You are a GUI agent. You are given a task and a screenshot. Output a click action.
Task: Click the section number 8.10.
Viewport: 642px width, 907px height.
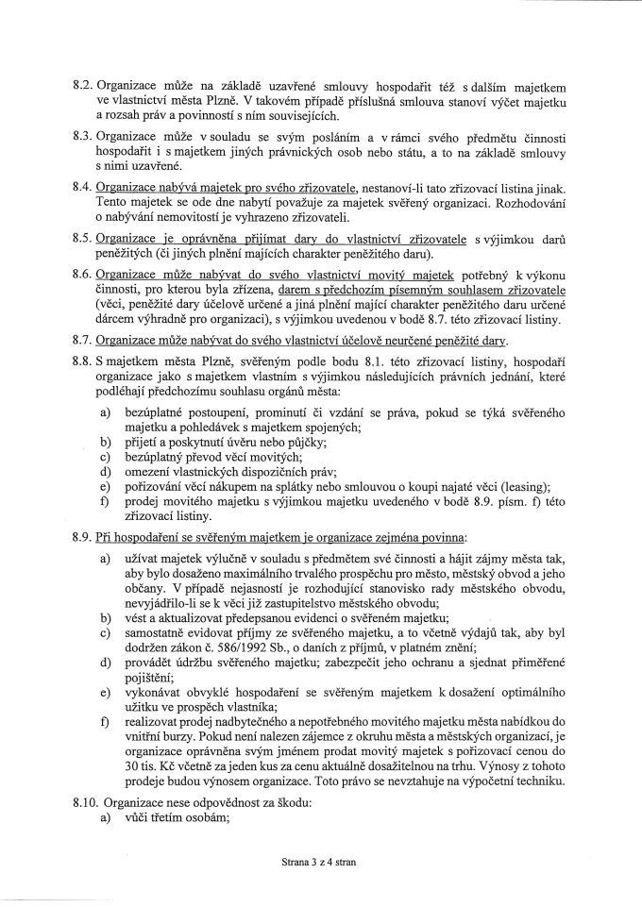pyautogui.click(x=87, y=779)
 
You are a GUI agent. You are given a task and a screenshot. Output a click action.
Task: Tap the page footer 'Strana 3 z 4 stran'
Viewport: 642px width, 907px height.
pyautogui.click(x=319, y=862)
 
